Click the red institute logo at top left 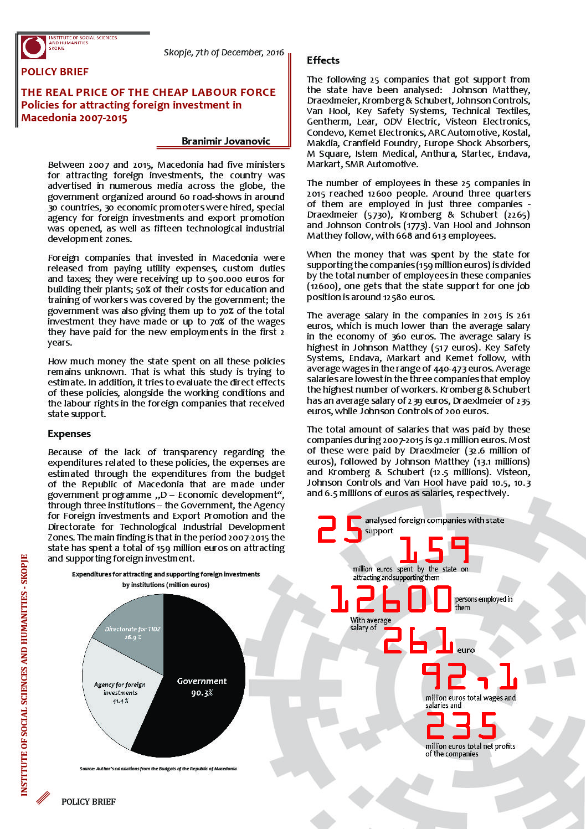[33, 47]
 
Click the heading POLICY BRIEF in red [55, 72]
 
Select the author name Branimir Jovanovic [225, 141]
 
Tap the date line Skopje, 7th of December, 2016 [224, 53]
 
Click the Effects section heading [323, 60]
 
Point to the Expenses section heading [69, 434]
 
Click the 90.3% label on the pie [202, 693]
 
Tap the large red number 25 [340, 530]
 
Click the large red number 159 [434, 550]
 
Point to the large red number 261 [418, 640]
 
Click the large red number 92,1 [470, 677]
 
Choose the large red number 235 [461, 726]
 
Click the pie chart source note [158, 769]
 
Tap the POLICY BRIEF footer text [89, 801]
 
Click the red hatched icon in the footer [43, 798]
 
